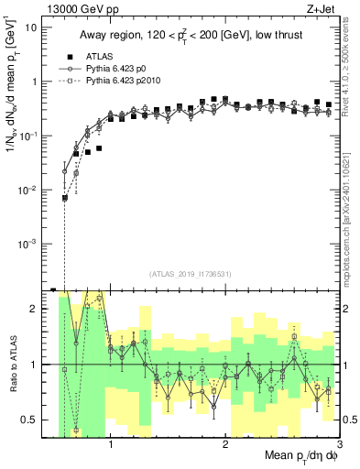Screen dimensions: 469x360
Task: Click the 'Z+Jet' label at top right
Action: (x=322, y=9)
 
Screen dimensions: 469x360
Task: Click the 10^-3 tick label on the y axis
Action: (x=26, y=244)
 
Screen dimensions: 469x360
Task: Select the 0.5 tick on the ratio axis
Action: (x=27, y=420)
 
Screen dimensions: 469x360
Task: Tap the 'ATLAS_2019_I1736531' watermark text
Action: (x=190, y=274)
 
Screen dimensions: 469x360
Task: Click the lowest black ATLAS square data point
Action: (x=65, y=198)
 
